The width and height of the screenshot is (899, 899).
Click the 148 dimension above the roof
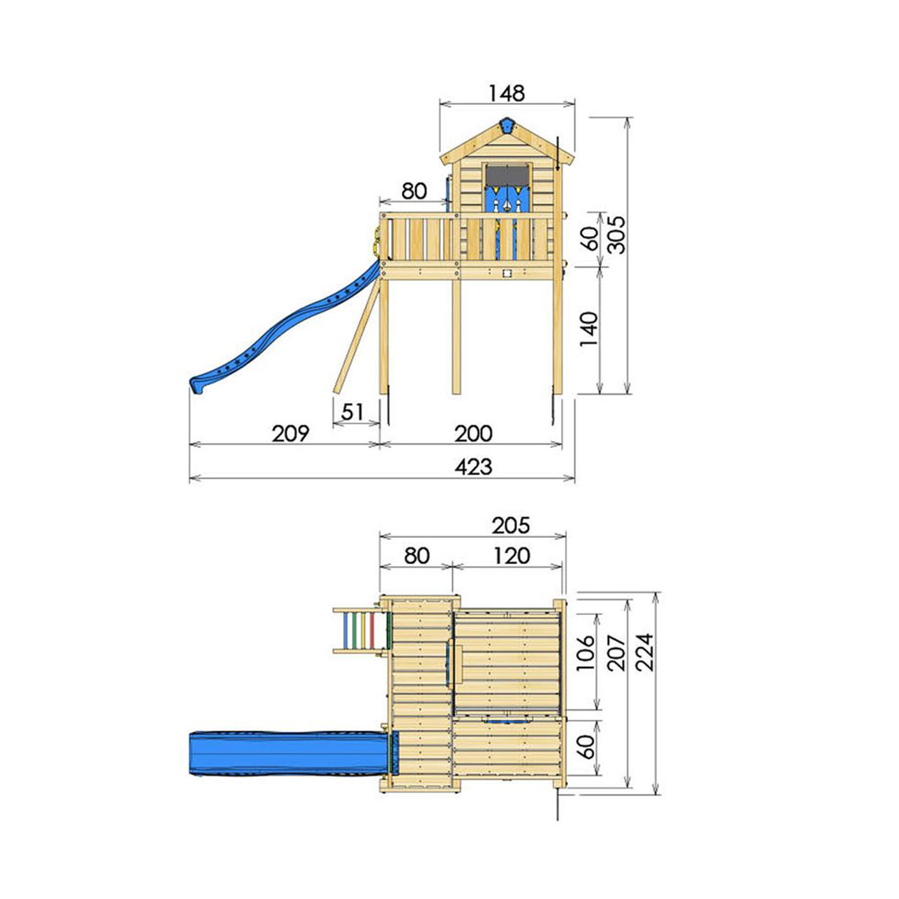click(x=506, y=93)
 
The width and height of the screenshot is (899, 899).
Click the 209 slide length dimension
click(x=290, y=433)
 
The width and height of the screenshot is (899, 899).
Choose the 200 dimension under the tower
click(x=473, y=433)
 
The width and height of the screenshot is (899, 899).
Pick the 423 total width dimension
click(x=473, y=467)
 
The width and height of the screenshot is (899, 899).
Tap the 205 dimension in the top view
click(x=510, y=525)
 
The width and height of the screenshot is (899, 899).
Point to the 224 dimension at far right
click(x=645, y=652)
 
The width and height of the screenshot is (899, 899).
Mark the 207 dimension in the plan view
click(x=617, y=652)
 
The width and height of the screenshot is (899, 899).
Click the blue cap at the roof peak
click(x=508, y=126)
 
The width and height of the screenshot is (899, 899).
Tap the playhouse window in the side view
click(x=507, y=175)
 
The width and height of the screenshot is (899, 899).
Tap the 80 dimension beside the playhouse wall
click(x=414, y=190)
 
